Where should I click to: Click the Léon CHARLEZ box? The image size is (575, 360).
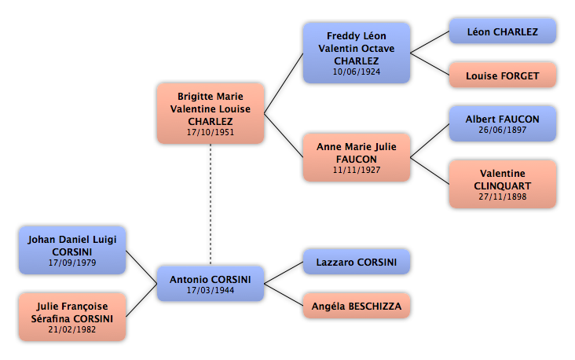coord(503,31)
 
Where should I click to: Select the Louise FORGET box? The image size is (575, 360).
coord(503,75)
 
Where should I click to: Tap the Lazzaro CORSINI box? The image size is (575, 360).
coord(357,262)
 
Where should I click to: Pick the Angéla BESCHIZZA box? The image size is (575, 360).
coord(357,306)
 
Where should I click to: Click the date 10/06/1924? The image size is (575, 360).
coord(357,72)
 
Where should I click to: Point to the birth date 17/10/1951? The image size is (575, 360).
coord(211,132)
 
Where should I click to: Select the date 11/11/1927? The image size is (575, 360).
coord(357,170)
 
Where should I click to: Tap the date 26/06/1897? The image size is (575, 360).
coord(503,130)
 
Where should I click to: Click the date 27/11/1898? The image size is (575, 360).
coord(503,197)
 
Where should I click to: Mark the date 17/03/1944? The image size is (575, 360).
coord(211,290)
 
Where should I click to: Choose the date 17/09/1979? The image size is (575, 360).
coord(72,263)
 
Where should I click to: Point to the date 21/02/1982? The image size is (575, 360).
coord(72,329)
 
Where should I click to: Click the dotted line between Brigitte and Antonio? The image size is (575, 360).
coord(211,204)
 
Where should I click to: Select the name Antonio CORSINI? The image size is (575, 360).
coord(211,280)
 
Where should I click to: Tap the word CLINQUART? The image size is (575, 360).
coord(503,186)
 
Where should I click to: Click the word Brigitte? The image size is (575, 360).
coord(192,97)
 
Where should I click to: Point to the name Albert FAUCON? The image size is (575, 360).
coord(503,119)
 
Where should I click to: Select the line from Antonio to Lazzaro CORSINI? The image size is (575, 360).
coord(284,273)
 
